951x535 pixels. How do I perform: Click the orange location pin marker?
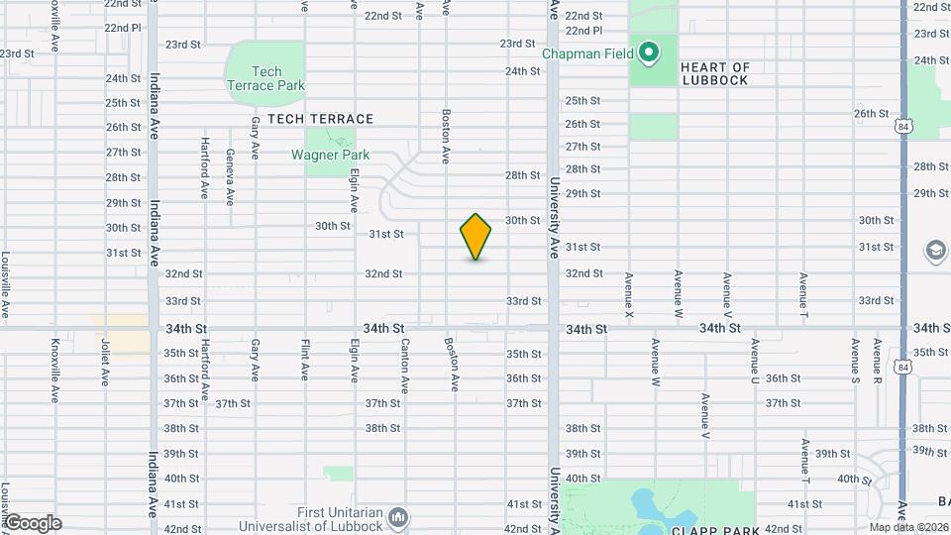click(x=476, y=237)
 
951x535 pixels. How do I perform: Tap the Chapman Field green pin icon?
click(x=649, y=52)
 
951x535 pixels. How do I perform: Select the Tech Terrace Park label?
click(x=265, y=78)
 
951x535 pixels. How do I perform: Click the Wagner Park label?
click(x=330, y=155)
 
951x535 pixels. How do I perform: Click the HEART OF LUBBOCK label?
click(x=714, y=73)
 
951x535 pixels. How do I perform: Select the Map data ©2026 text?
click(x=908, y=527)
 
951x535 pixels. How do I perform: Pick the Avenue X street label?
click(x=628, y=294)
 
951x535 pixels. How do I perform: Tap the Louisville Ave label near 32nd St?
click(x=6, y=286)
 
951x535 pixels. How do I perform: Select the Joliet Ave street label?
click(x=104, y=363)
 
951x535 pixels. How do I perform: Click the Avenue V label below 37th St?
click(x=705, y=416)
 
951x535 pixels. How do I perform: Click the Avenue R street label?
click(x=877, y=362)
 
